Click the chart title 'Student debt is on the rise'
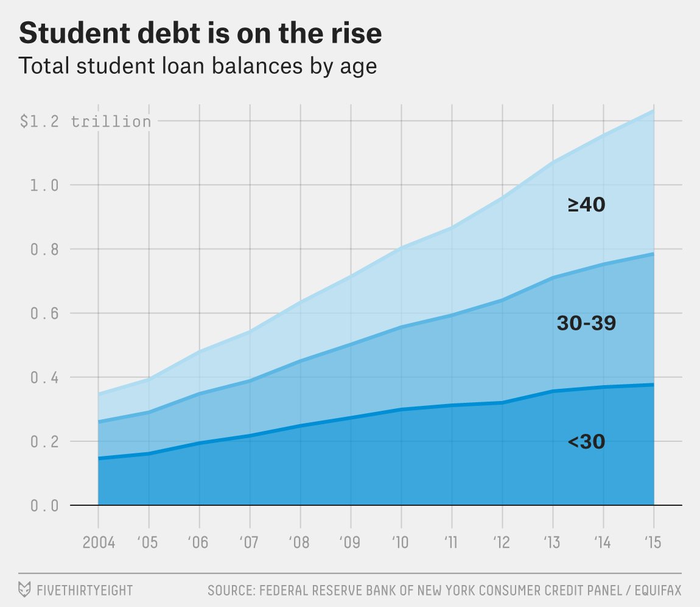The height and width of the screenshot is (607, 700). [200, 34]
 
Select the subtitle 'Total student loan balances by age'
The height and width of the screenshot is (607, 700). [198, 66]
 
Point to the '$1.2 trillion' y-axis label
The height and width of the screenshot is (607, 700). [85, 121]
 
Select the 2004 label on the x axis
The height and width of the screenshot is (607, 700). [98, 542]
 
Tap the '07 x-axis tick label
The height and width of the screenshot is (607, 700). [250, 542]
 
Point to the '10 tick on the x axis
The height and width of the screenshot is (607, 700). [401, 542]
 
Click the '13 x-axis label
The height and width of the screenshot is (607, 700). [552, 542]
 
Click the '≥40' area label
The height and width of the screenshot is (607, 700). [586, 205]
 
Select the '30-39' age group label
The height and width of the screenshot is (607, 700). [586, 324]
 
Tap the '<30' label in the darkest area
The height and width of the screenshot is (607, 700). [586, 442]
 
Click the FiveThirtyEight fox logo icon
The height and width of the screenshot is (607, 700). [25, 589]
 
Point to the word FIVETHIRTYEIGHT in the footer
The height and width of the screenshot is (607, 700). [84, 590]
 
